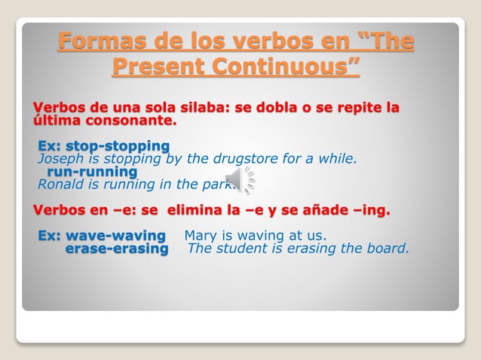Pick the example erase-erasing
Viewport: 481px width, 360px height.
coord(117,249)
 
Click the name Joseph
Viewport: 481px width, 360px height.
coord(60,159)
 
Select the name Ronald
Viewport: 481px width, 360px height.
coord(61,185)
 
